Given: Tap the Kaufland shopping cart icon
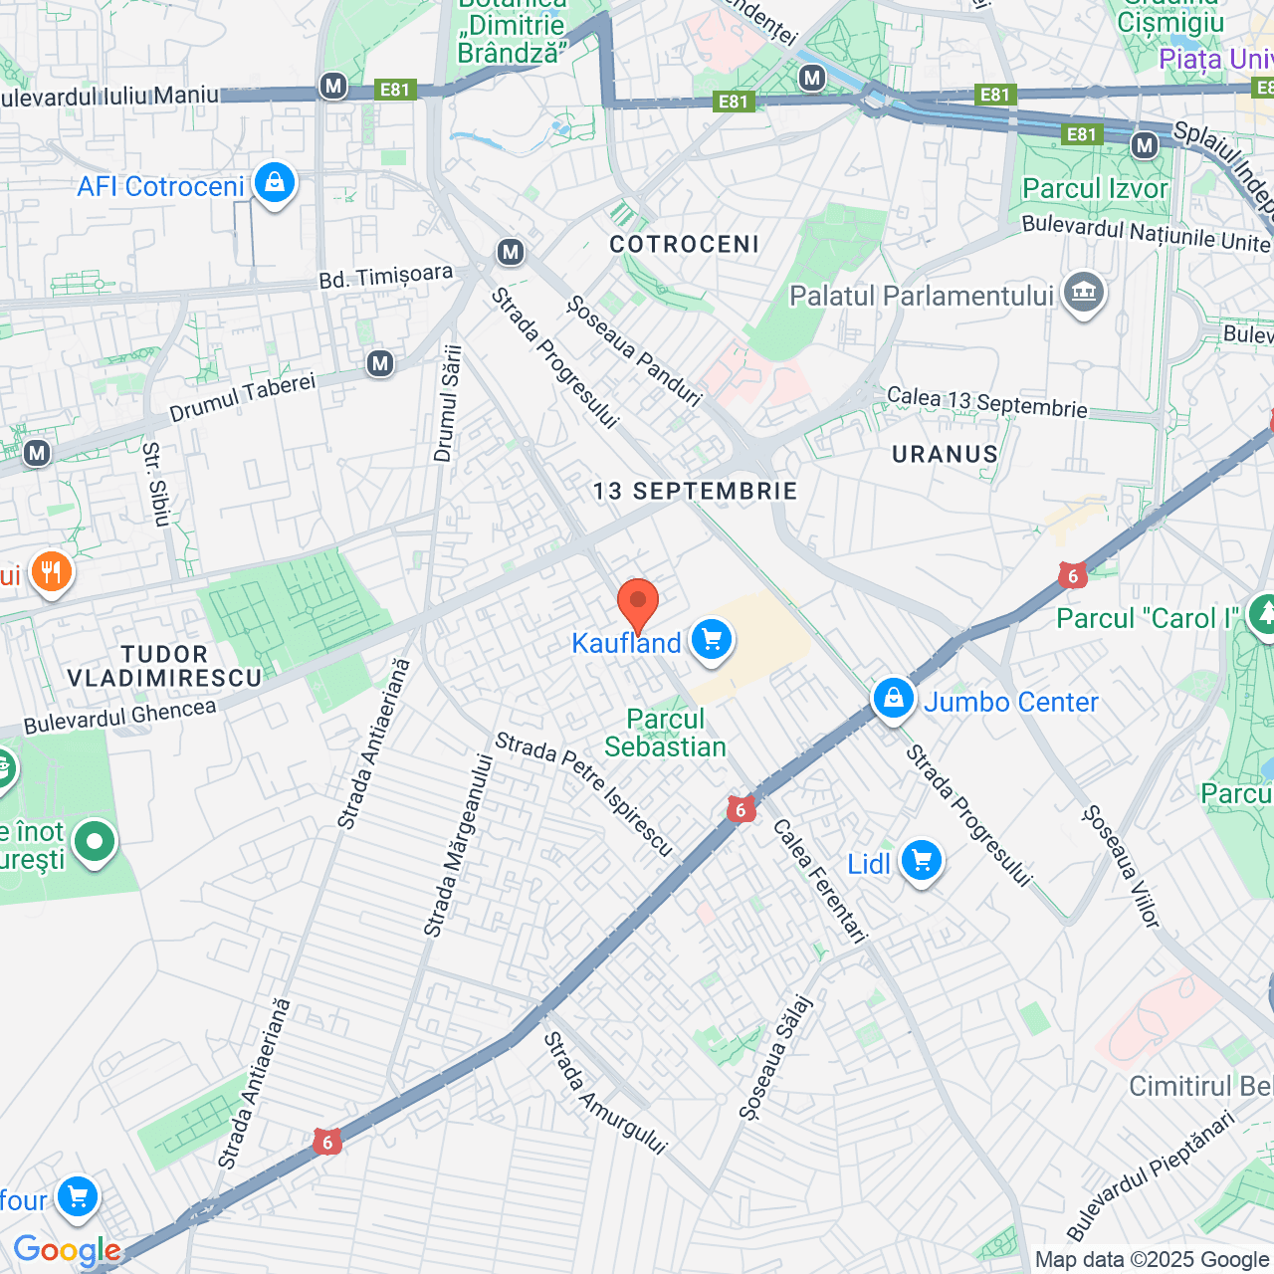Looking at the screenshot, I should [711, 639].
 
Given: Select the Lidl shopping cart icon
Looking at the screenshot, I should [921, 861].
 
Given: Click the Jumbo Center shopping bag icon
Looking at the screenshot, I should [893, 700].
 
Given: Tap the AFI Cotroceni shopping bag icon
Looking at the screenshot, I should [274, 183].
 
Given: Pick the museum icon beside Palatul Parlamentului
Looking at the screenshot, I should [1083, 293].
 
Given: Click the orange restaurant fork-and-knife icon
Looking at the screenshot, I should [51, 572].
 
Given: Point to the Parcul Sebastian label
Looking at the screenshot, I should [665, 733].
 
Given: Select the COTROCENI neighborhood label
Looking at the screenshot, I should [684, 244].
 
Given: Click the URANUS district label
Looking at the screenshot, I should [945, 454].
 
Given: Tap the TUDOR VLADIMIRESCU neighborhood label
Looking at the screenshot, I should [164, 666].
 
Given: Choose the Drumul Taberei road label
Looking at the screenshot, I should [242, 396].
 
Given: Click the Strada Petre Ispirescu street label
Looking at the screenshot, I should [584, 793].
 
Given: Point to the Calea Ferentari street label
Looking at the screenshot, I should [820, 880].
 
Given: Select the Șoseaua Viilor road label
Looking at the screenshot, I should [1121, 867].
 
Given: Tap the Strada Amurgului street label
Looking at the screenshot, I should [604, 1093].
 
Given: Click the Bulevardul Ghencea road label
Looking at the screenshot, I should [119, 716].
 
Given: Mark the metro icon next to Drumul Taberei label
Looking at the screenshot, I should [379, 363].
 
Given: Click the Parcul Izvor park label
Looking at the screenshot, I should [1095, 188].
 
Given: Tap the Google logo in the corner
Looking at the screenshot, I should [67, 1250].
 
